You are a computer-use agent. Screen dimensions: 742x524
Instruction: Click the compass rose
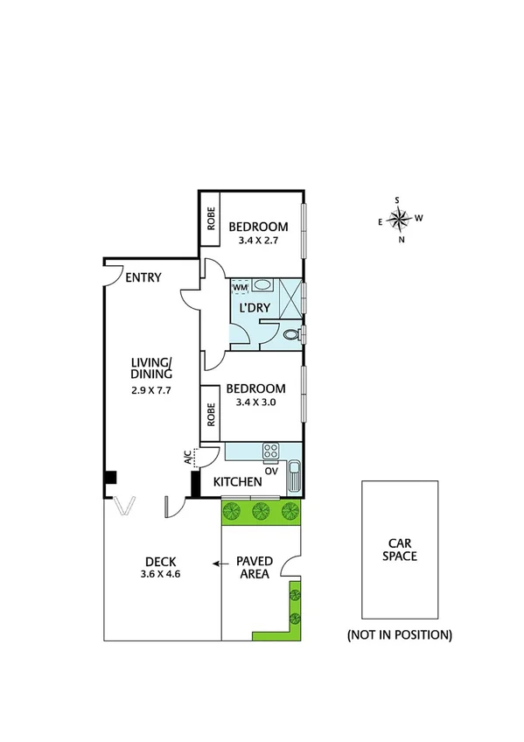click(399, 219)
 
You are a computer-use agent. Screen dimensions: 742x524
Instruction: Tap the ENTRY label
click(143, 278)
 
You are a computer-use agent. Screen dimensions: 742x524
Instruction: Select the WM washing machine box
click(240, 287)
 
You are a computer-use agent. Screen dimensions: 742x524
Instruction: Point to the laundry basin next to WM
click(262, 286)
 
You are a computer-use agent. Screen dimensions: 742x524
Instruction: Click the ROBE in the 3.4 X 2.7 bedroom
click(211, 219)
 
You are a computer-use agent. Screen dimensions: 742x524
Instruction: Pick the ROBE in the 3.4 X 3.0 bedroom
click(211, 414)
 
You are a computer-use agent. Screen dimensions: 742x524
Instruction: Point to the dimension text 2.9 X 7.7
click(150, 391)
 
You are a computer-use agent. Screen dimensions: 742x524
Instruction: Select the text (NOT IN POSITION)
click(399, 634)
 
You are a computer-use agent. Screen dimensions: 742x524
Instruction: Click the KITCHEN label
click(237, 482)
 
